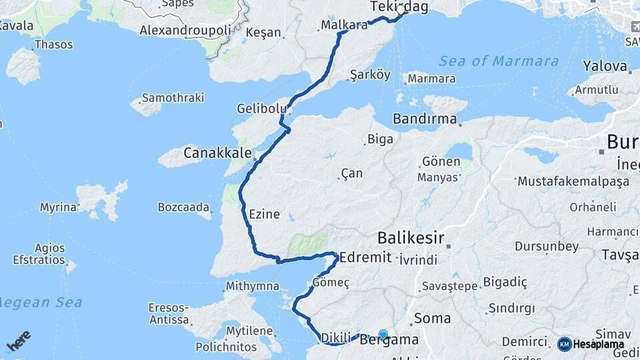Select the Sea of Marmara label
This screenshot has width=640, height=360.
(x=499, y=61)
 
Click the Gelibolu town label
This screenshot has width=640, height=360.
(x=262, y=108)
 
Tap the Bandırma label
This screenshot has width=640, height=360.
(x=425, y=119)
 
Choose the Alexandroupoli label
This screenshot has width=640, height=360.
(x=185, y=30)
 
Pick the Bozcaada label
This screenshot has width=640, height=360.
(x=184, y=207)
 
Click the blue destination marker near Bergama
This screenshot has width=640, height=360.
(x=383, y=335)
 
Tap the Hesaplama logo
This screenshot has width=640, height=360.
(x=591, y=344)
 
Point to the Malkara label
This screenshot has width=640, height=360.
(x=344, y=25)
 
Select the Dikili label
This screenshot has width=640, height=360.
(x=336, y=338)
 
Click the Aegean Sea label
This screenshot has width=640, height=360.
(x=40, y=303)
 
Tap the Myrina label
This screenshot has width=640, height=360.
(x=58, y=207)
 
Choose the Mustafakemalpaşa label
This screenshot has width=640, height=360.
(x=573, y=181)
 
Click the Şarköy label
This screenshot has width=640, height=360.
(x=370, y=75)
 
